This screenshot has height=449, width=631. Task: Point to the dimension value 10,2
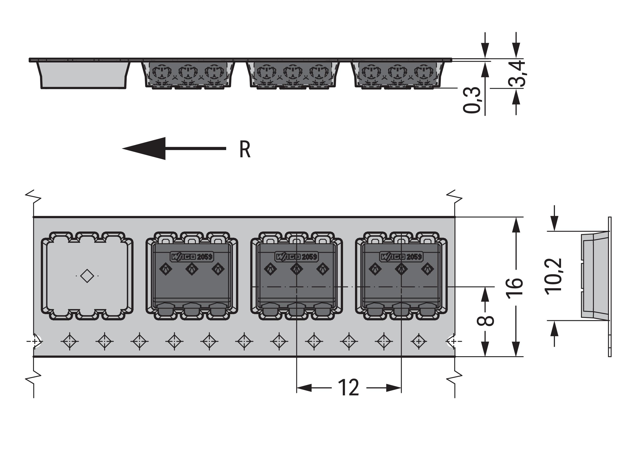(553, 277)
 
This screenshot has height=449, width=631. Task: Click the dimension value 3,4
(517, 74)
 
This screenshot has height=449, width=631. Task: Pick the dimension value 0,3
(472, 100)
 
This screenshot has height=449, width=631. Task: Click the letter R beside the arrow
(245, 150)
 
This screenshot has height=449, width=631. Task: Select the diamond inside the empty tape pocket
(87, 276)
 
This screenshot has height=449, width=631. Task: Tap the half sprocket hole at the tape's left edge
(37, 342)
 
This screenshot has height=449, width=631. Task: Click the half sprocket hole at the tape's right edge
(451, 342)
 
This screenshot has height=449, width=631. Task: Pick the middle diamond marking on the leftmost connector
(192, 268)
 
